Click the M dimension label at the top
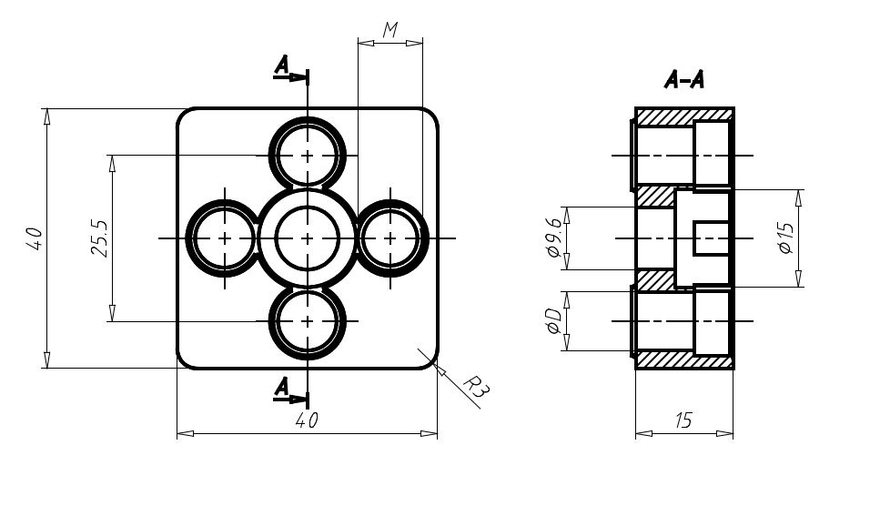(x=390, y=30)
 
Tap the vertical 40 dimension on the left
(x=34, y=238)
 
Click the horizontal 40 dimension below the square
(x=307, y=420)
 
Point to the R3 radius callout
(x=476, y=387)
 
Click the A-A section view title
(x=683, y=80)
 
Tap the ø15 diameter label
(x=786, y=238)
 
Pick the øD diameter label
(x=553, y=321)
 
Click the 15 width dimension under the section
(x=683, y=420)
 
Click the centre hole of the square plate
(x=308, y=238)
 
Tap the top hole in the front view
(x=308, y=156)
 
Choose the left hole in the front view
(x=225, y=238)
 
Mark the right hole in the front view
(x=390, y=238)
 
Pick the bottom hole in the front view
(x=308, y=321)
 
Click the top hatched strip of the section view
(x=684, y=115)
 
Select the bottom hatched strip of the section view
(x=684, y=359)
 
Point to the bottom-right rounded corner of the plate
(x=432, y=364)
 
